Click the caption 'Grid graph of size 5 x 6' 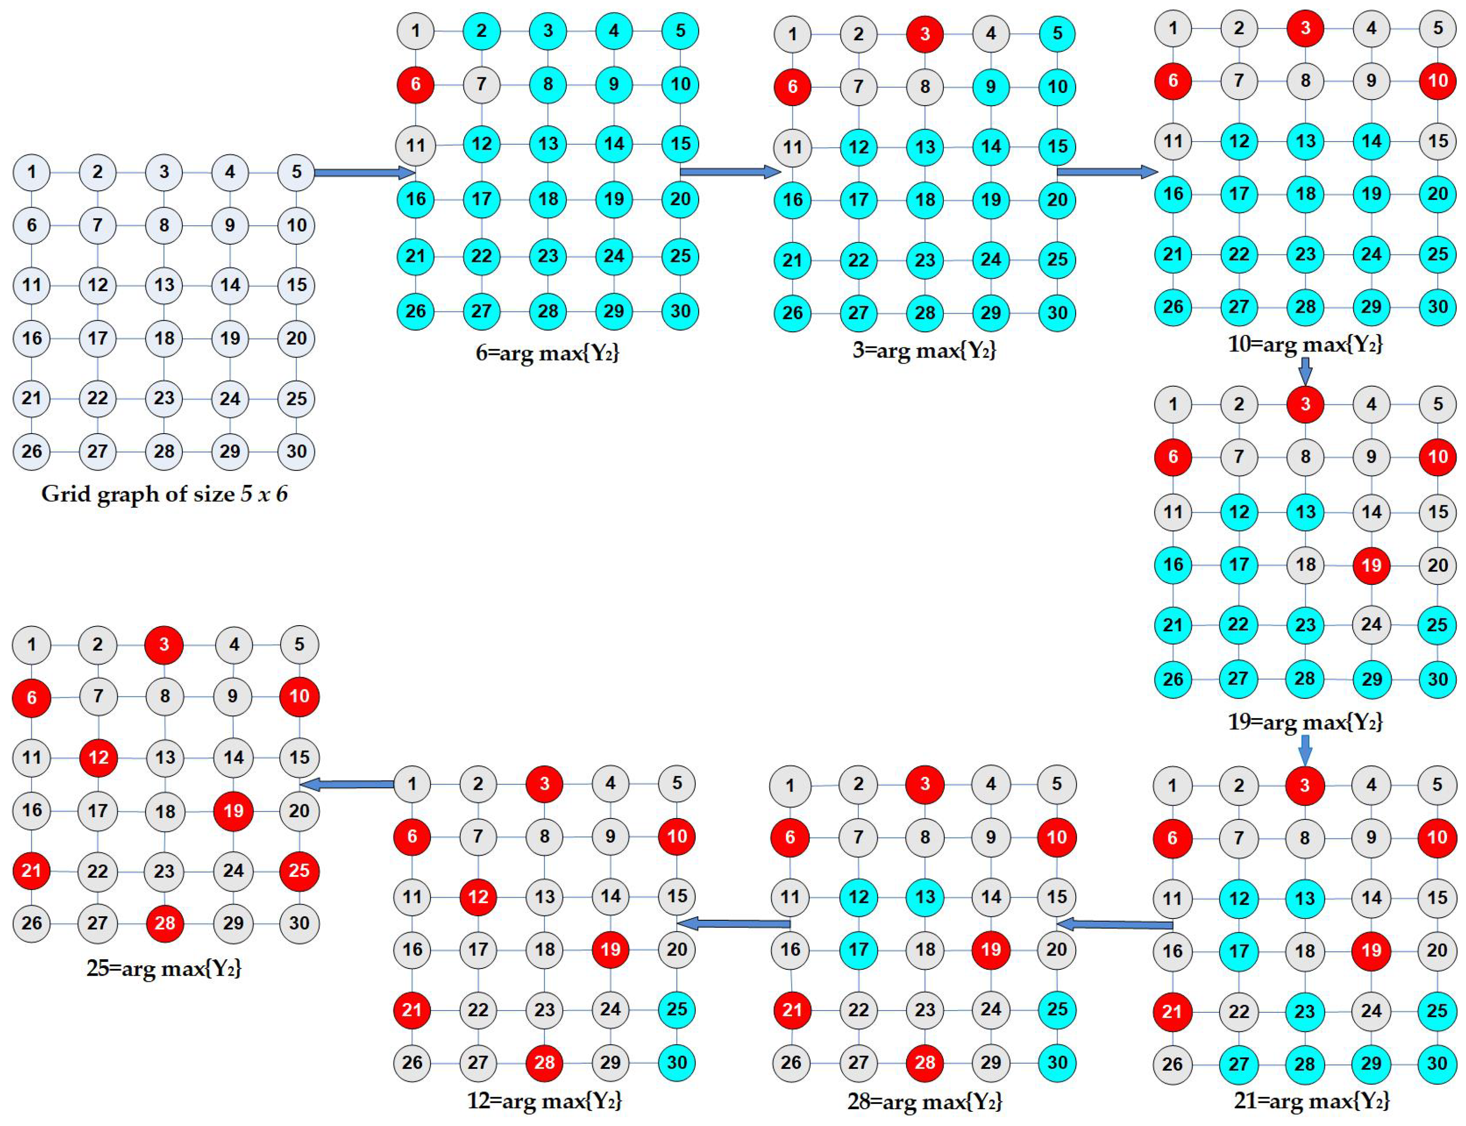tap(164, 494)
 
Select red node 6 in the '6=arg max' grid tap(416, 85)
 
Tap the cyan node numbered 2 tap(481, 31)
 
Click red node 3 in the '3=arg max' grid tap(925, 34)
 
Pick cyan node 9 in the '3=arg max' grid tap(991, 86)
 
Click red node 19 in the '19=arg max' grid tap(1371, 565)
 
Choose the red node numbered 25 tap(299, 871)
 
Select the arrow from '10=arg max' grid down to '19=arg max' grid tap(1304, 370)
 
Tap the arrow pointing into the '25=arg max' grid tap(346, 784)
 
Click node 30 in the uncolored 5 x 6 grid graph tap(296, 451)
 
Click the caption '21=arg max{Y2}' tap(1311, 1100)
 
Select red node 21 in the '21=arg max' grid tap(1172, 1011)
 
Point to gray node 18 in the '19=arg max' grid tap(1305, 565)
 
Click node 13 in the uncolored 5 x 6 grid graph tap(164, 285)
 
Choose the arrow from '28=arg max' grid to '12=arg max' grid tap(734, 924)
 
